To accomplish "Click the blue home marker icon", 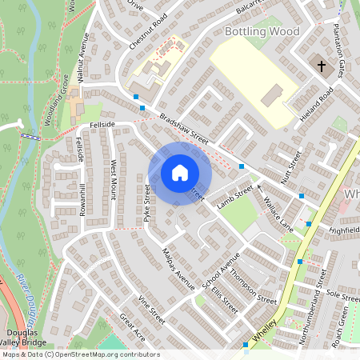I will click(x=179, y=172).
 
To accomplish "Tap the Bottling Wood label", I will click(x=262, y=31).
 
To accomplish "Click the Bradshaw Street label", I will click(x=183, y=129).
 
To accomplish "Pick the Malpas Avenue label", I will click(x=178, y=268).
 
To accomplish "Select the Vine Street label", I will click(x=151, y=309).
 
